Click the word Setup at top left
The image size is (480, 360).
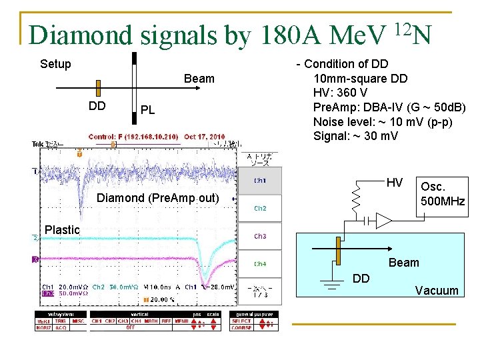coord(55,65)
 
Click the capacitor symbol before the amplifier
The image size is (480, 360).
coord(366,221)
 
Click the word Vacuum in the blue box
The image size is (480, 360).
coord(437,290)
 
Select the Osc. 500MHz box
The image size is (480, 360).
coord(442,194)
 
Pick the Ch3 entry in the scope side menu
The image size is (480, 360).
coord(260,236)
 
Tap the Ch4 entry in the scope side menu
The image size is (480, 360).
coord(260,264)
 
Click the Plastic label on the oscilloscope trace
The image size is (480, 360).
coord(62,230)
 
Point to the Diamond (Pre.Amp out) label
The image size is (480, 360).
coord(157,197)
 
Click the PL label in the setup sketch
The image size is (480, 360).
coord(147,110)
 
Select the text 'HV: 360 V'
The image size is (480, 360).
coord(340,93)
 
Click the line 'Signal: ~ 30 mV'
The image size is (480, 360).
coord(355,136)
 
